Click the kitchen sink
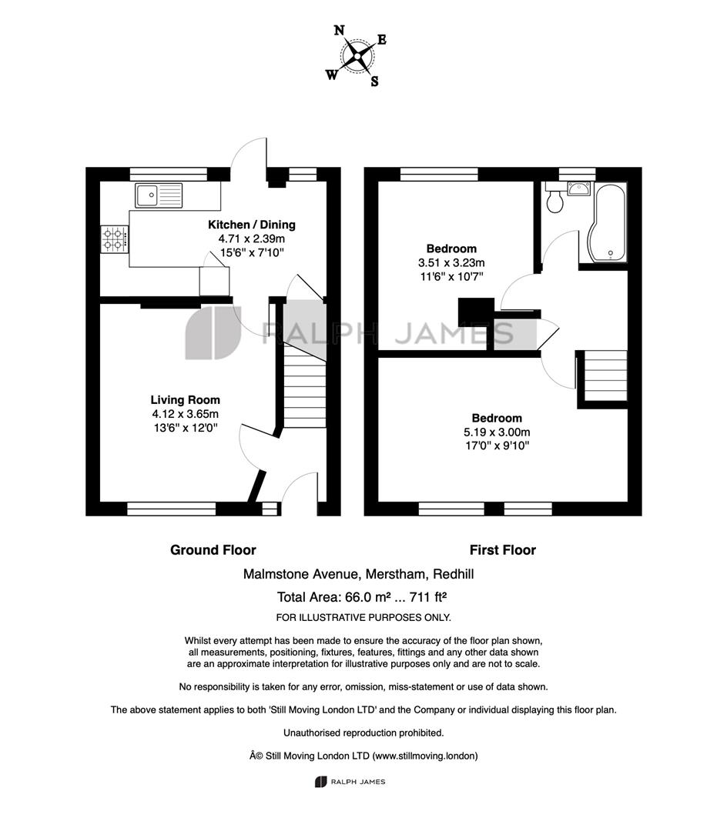(x=159, y=195)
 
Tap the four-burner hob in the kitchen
(x=115, y=239)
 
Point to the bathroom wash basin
(x=578, y=189)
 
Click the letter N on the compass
(x=339, y=30)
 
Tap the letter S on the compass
(x=374, y=81)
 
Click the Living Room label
(x=185, y=400)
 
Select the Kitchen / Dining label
(x=251, y=225)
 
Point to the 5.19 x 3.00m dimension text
(x=497, y=432)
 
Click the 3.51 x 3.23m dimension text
(x=451, y=262)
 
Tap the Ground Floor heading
(x=213, y=550)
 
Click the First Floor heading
(x=503, y=550)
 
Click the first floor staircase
(x=605, y=376)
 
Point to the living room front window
(x=171, y=509)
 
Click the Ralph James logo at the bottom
(x=350, y=782)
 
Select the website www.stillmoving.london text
(x=425, y=756)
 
